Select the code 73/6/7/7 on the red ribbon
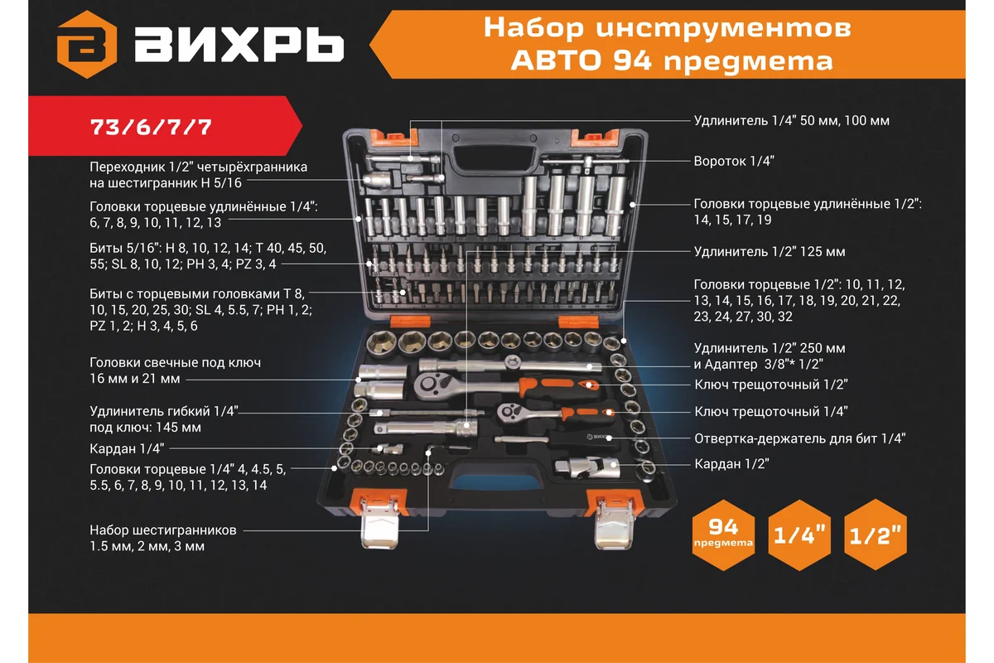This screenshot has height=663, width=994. [152, 128]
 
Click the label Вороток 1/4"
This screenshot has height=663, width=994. [734, 162]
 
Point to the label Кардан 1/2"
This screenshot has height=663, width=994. [726, 464]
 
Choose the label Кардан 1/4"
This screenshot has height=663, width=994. [128, 448]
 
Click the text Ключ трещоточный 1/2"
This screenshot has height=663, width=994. [770, 385]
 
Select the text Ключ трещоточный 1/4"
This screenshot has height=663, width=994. [770, 411]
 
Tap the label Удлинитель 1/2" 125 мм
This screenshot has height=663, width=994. [770, 251]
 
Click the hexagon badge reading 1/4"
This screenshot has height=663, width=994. [800, 535]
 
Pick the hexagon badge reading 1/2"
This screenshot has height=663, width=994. [876, 535]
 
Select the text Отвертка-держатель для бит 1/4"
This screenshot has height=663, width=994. [799, 438]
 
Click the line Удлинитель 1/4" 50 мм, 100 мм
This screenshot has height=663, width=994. [791, 120]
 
